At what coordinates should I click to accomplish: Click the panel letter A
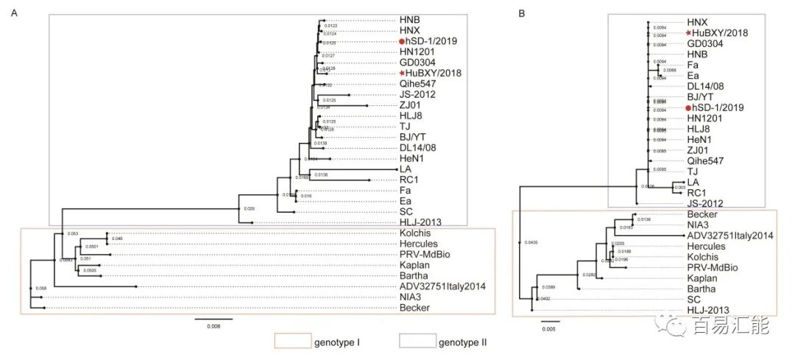coord(13,13)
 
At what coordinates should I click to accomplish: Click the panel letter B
coord(522,13)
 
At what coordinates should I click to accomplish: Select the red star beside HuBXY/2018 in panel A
coord(402,73)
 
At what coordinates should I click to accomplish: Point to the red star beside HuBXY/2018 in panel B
coord(688,33)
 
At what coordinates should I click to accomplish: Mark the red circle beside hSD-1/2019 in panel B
coord(688,107)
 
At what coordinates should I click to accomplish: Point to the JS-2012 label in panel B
coord(704,203)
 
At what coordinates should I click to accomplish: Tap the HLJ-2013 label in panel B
coord(707,311)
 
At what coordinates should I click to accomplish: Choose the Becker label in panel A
coord(415,307)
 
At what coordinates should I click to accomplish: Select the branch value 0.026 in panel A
coord(248,209)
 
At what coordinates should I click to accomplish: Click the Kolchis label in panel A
coord(417,233)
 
